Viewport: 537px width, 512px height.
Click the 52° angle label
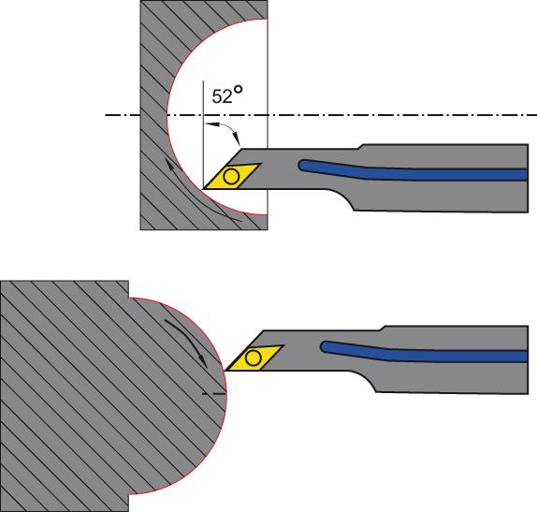tap(227, 95)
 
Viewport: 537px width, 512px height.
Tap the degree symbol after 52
tap(238, 90)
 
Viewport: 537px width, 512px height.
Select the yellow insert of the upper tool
tap(232, 176)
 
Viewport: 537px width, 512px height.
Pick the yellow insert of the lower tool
tap(254, 358)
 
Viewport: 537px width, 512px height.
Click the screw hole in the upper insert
tap(231, 177)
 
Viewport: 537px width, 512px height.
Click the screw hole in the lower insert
tap(254, 358)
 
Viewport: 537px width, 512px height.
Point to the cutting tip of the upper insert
tap(203, 189)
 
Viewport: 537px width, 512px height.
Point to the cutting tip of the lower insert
tap(225, 371)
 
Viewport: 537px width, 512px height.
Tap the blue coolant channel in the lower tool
tap(425, 355)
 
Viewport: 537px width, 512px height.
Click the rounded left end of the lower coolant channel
tap(323, 347)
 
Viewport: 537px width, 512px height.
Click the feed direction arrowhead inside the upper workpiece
tap(168, 164)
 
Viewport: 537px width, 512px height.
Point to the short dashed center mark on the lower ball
tap(213, 393)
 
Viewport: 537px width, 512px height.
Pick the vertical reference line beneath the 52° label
tap(203, 135)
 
